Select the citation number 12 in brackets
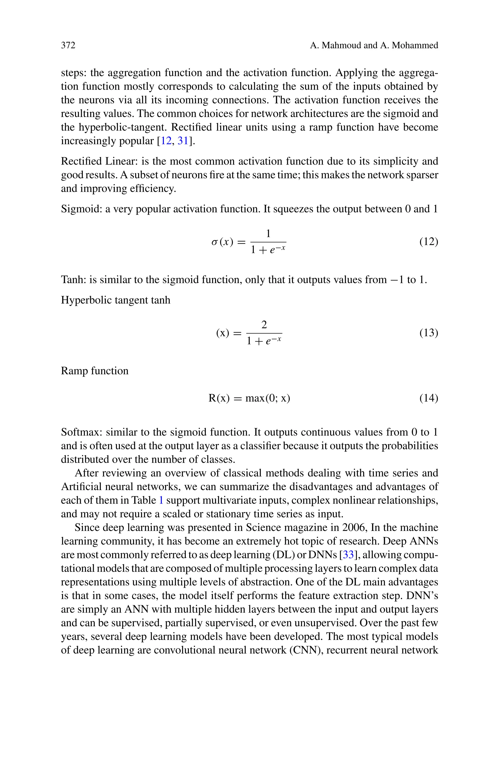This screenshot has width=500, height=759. pos(166,141)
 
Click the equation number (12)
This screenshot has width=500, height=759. pos(428,242)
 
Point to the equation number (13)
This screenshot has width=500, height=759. pos(428,333)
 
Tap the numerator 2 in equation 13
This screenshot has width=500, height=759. pos(264,325)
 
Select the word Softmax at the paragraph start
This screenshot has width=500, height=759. pos(82,432)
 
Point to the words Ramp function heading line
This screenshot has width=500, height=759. pos(95,371)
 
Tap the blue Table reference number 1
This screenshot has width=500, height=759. pos(161,500)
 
